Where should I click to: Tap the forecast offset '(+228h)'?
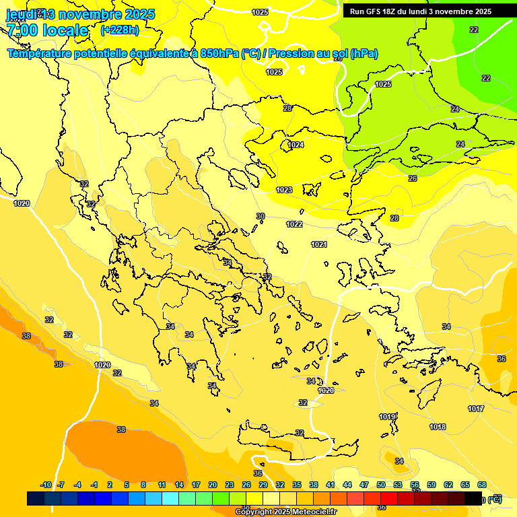(x=119, y=30)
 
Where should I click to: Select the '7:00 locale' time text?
(x=47, y=30)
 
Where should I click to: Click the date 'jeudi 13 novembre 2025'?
(x=80, y=14)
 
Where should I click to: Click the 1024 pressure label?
(x=296, y=145)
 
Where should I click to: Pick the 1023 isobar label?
(x=284, y=190)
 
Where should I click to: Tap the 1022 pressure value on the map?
(x=294, y=224)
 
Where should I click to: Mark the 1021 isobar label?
(x=319, y=244)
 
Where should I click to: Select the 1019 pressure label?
(x=386, y=417)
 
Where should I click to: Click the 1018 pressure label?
(x=438, y=427)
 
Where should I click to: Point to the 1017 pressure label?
(x=476, y=409)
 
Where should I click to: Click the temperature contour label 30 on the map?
(x=261, y=216)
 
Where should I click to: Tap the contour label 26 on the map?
(x=413, y=178)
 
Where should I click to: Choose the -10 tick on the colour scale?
(x=46, y=485)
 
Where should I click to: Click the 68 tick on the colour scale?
(x=482, y=485)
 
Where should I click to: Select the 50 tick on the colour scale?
(x=381, y=485)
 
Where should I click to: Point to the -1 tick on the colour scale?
(x=94, y=485)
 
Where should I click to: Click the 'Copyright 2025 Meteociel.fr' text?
(x=285, y=512)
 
